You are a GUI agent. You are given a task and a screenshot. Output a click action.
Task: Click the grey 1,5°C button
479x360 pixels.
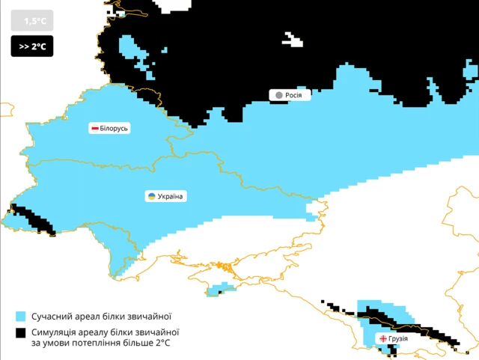click(x=32, y=21)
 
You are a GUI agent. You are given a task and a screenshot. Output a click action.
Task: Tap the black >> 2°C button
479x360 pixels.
click(x=32, y=46)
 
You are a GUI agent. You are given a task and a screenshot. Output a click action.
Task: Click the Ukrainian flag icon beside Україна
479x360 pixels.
click(x=151, y=196)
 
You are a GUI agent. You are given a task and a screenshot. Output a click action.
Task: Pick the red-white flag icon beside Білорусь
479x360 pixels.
click(x=95, y=129)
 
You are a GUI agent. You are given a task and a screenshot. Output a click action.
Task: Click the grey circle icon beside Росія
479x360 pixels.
click(x=278, y=95)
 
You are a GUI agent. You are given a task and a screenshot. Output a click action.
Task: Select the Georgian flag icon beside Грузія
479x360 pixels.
click(x=384, y=339)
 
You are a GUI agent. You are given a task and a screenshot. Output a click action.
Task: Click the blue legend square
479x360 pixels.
click(x=19, y=316)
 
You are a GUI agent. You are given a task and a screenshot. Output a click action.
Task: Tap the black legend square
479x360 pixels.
click(x=19, y=332)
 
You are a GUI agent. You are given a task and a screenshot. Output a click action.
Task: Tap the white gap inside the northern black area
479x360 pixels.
click(x=293, y=40)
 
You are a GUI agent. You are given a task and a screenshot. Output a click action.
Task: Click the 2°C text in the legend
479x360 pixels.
click(x=162, y=343)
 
